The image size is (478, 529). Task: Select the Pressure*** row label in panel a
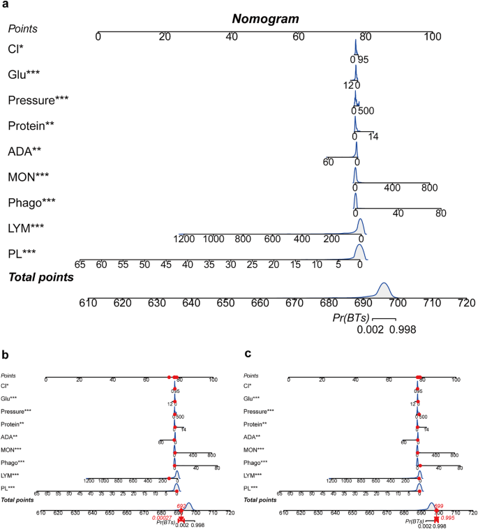[x=40, y=100]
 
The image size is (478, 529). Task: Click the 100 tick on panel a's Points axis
[x=433, y=36]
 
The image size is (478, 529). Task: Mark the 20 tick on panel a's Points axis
[x=165, y=36]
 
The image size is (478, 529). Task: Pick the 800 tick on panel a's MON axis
[x=428, y=188]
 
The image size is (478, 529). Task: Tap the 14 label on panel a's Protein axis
[x=373, y=137]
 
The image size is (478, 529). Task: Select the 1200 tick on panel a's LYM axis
[x=185, y=239]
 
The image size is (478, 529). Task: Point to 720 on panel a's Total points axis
[x=465, y=304]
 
